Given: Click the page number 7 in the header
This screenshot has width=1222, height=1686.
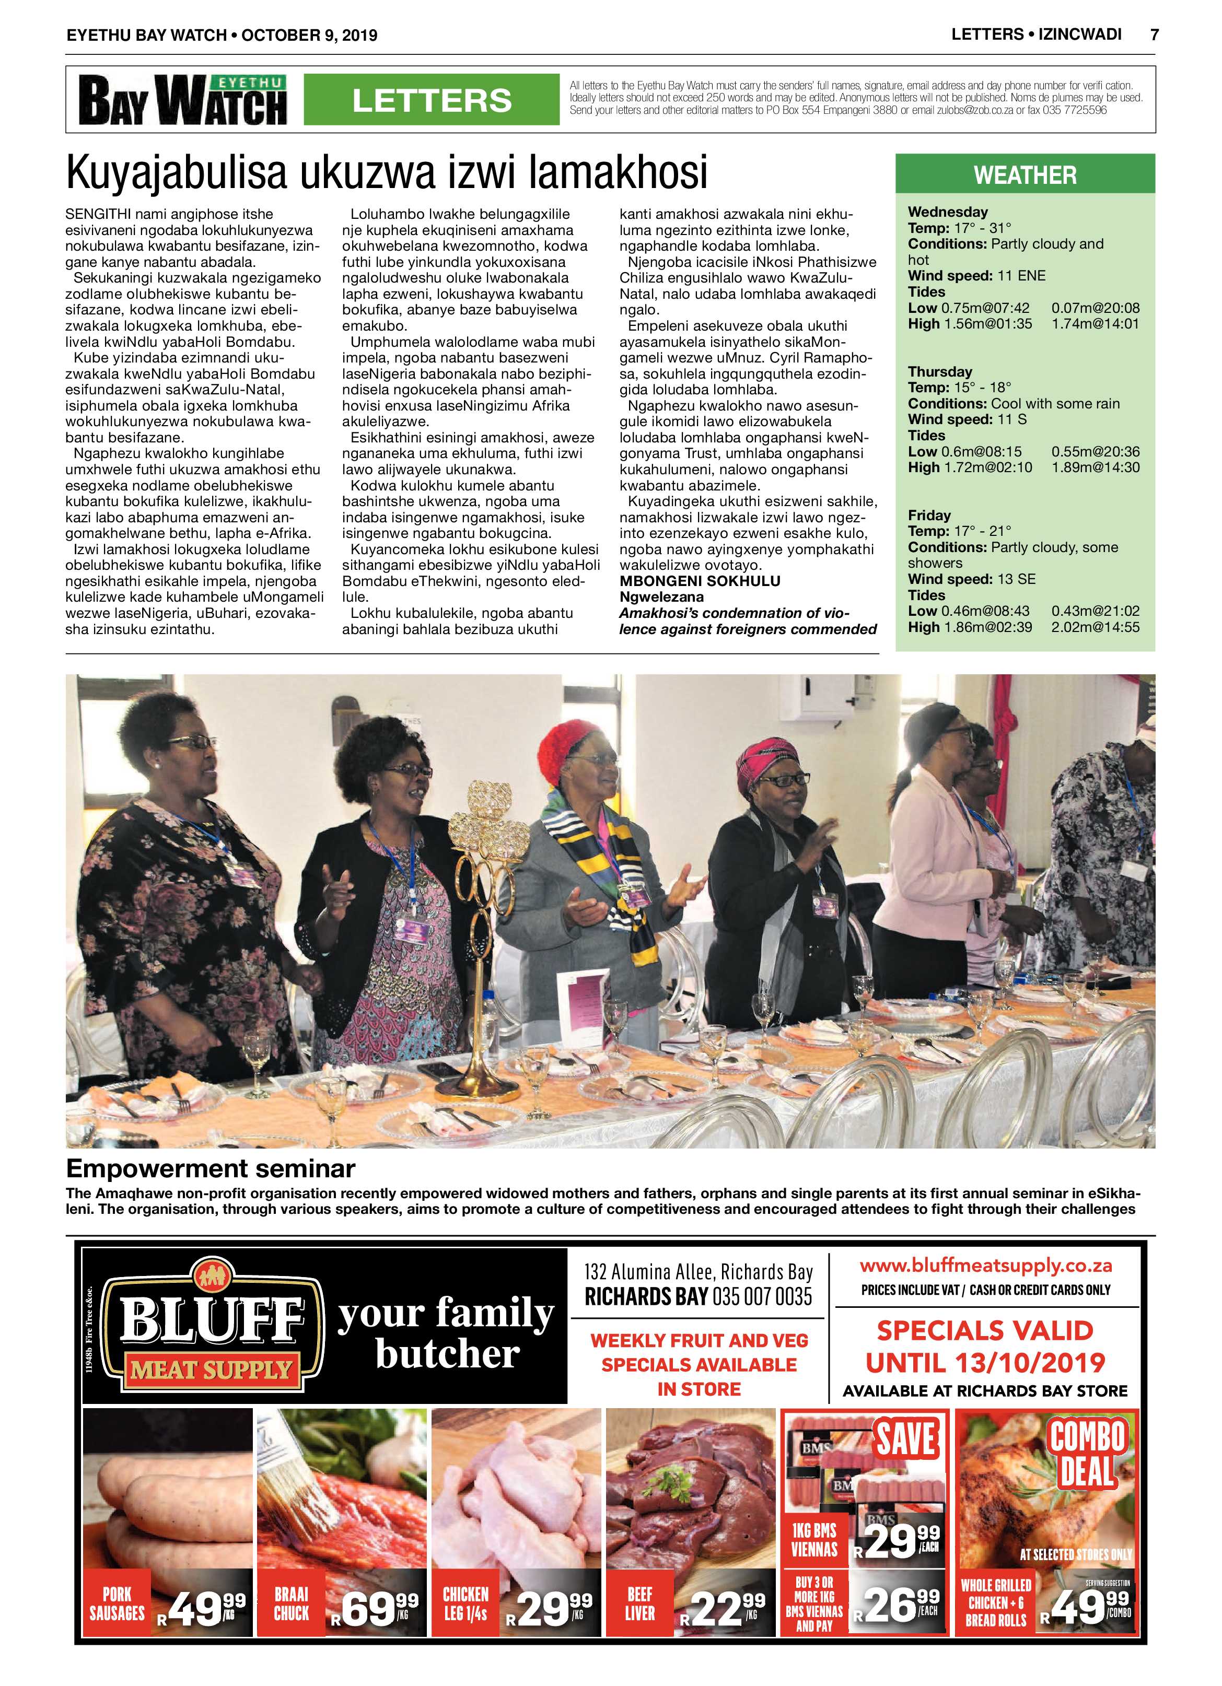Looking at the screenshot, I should pyautogui.click(x=1154, y=35).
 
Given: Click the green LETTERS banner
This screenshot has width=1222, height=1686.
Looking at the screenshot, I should pyautogui.click(x=432, y=100).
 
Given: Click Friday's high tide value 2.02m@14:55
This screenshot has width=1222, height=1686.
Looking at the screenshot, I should pyautogui.click(x=1095, y=627).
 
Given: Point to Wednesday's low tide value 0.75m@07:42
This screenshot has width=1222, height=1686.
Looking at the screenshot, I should pyautogui.click(x=985, y=308).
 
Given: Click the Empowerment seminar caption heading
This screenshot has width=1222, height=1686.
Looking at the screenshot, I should pyautogui.click(x=211, y=1168).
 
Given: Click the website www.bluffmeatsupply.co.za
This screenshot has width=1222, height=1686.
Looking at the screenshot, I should pyautogui.click(x=985, y=1265).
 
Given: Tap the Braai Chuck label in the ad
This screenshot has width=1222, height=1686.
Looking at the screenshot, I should pyautogui.click(x=291, y=1603).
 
